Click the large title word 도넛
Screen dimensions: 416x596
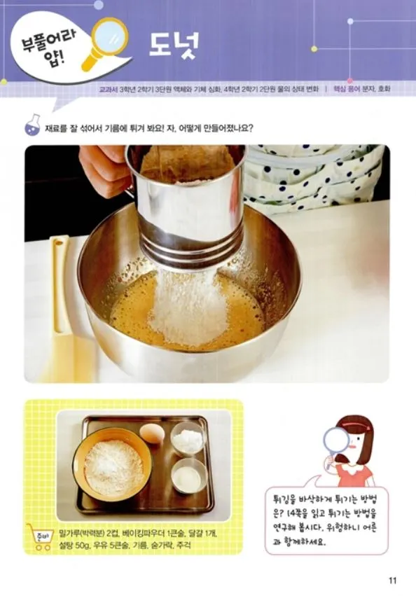(x=174, y=44)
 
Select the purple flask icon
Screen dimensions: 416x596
(x=33, y=125)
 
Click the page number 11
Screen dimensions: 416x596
(x=392, y=581)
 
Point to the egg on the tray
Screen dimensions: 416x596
(x=152, y=434)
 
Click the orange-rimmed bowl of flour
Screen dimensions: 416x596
(x=113, y=464)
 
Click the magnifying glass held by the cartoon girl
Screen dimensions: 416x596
(x=335, y=445)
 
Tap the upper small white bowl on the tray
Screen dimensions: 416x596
(x=187, y=439)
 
